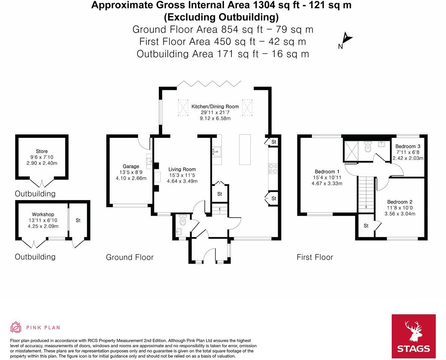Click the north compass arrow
pyautogui.click(x=347, y=39)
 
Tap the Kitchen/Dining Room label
pyautogui.click(x=215, y=107)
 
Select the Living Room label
pyautogui.click(x=182, y=169)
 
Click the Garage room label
pyautogui.click(x=131, y=167)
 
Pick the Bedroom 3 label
pyautogui.click(x=407, y=146)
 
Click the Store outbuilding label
pyautogui.click(x=42, y=152)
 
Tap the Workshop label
pyautogui.click(x=43, y=215)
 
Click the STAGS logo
pyautogui.click(x=413, y=336)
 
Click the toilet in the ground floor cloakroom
pyautogui.click(x=182, y=218)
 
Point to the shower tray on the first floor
pyautogui.click(x=351, y=149)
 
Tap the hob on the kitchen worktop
pyautogui.click(x=272, y=169)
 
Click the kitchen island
pyautogui.click(x=245, y=149)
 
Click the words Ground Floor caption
pyautogui.click(x=130, y=257)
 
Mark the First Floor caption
pyautogui.click(x=315, y=257)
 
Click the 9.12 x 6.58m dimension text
pyautogui.click(x=215, y=118)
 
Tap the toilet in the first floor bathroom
pyautogui.click(x=367, y=147)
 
